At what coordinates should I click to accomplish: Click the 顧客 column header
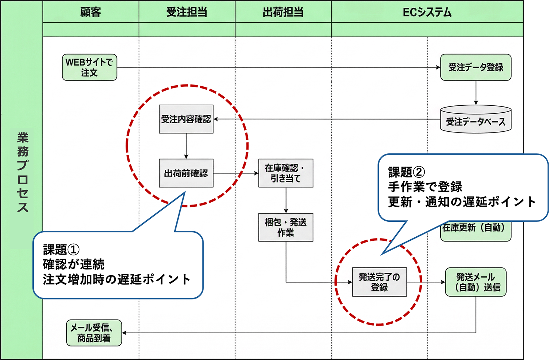(x=90, y=12)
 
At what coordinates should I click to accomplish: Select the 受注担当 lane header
(x=187, y=12)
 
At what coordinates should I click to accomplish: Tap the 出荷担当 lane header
(x=283, y=12)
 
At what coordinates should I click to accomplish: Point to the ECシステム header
(x=427, y=12)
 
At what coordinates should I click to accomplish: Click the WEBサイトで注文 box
(x=89, y=67)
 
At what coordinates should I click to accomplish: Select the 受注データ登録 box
(x=475, y=67)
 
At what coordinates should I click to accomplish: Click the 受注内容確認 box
(x=186, y=119)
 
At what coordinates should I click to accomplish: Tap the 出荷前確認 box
(x=186, y=173)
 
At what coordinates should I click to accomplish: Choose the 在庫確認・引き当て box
(x=285, y=173)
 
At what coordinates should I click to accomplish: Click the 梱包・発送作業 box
(x=285, y=227)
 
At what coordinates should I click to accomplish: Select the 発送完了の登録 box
(x=379, y=282)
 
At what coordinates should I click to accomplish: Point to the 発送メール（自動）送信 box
(x=475, y=282)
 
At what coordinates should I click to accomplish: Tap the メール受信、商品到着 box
(x=94, y=333)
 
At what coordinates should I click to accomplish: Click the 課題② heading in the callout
(x=406, y=172)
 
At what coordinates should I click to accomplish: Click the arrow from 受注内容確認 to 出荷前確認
(x=186, y=146)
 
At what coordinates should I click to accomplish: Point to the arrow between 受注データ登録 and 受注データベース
(x=476, y=93)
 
